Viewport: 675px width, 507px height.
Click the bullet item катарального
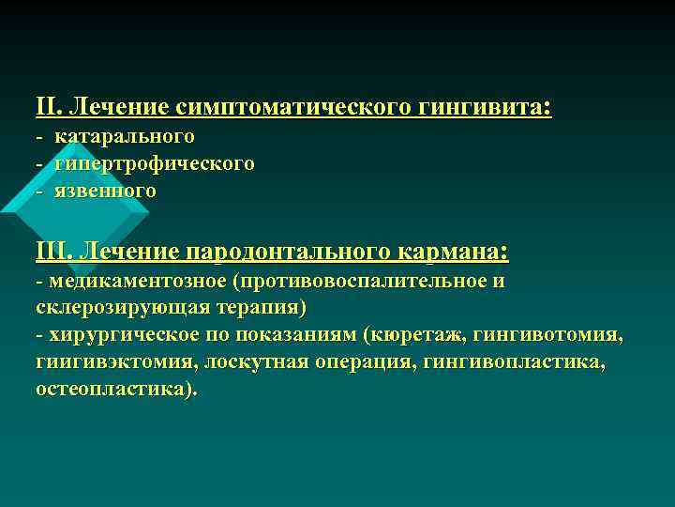pyautogui.click(x=125, y=137)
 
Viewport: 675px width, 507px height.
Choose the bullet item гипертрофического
pyautogui.click(x=155, y=163)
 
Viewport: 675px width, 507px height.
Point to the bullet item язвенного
pyautogui.click(x=105, y=191)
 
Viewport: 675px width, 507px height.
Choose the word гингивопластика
pyautogui.click(x=518, y=362)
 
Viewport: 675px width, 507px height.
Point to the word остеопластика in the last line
pyautogui.click(x=112, y=390)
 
